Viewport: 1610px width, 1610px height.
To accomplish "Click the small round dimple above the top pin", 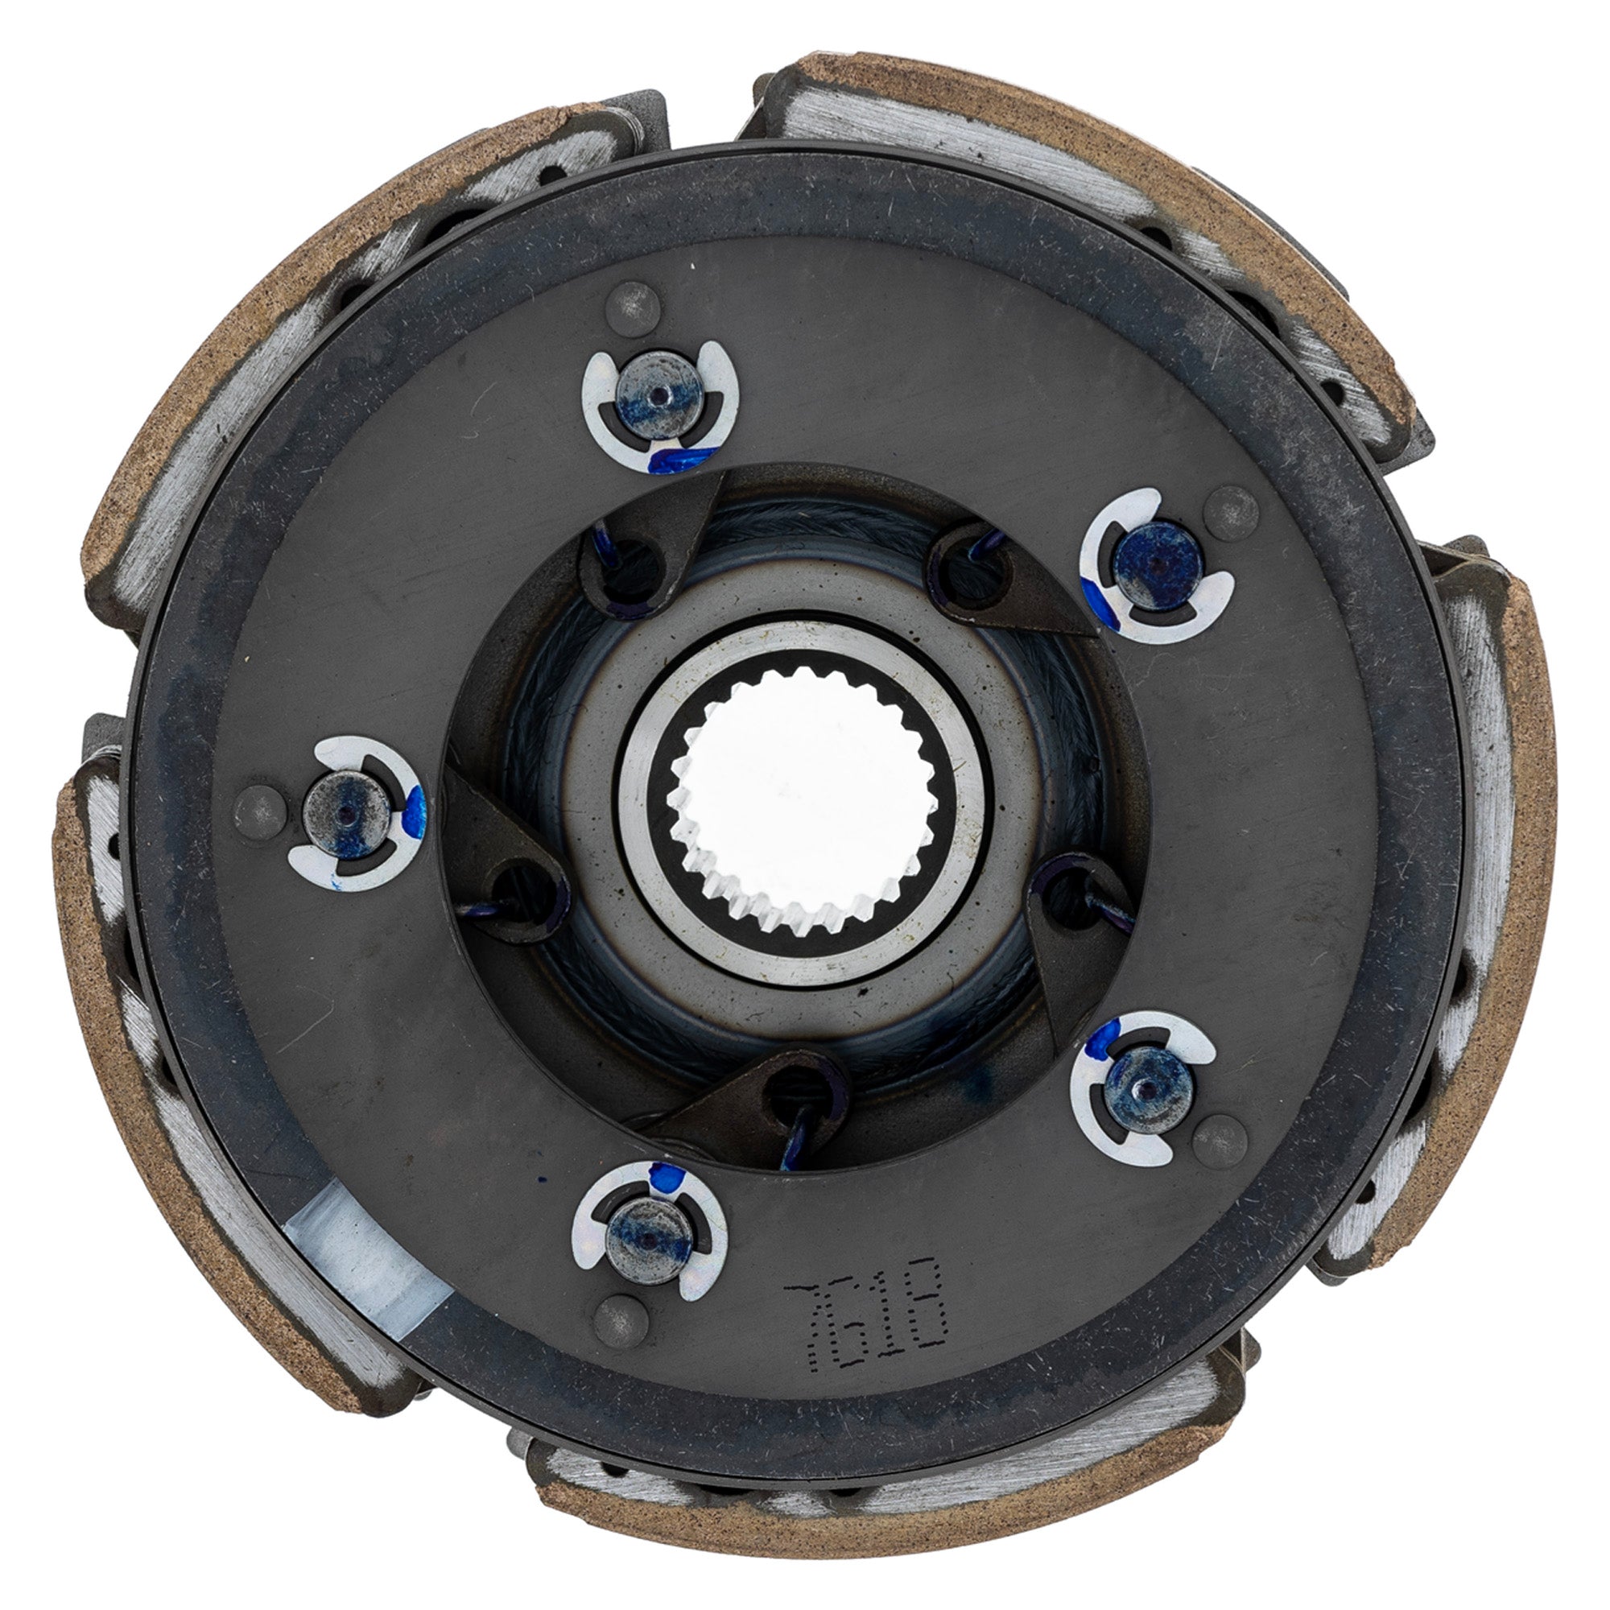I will coord(634,307).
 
